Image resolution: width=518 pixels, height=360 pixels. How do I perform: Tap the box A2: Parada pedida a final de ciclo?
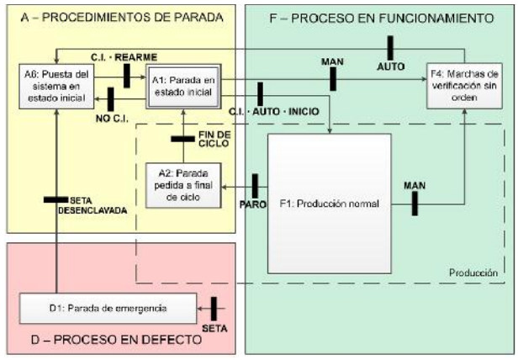(183, 183)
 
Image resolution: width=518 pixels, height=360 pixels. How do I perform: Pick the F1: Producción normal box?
(329, 203)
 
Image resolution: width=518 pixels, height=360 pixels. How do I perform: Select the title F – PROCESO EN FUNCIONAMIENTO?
(379, 17)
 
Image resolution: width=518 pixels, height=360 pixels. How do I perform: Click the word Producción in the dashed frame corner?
(471, 273)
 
